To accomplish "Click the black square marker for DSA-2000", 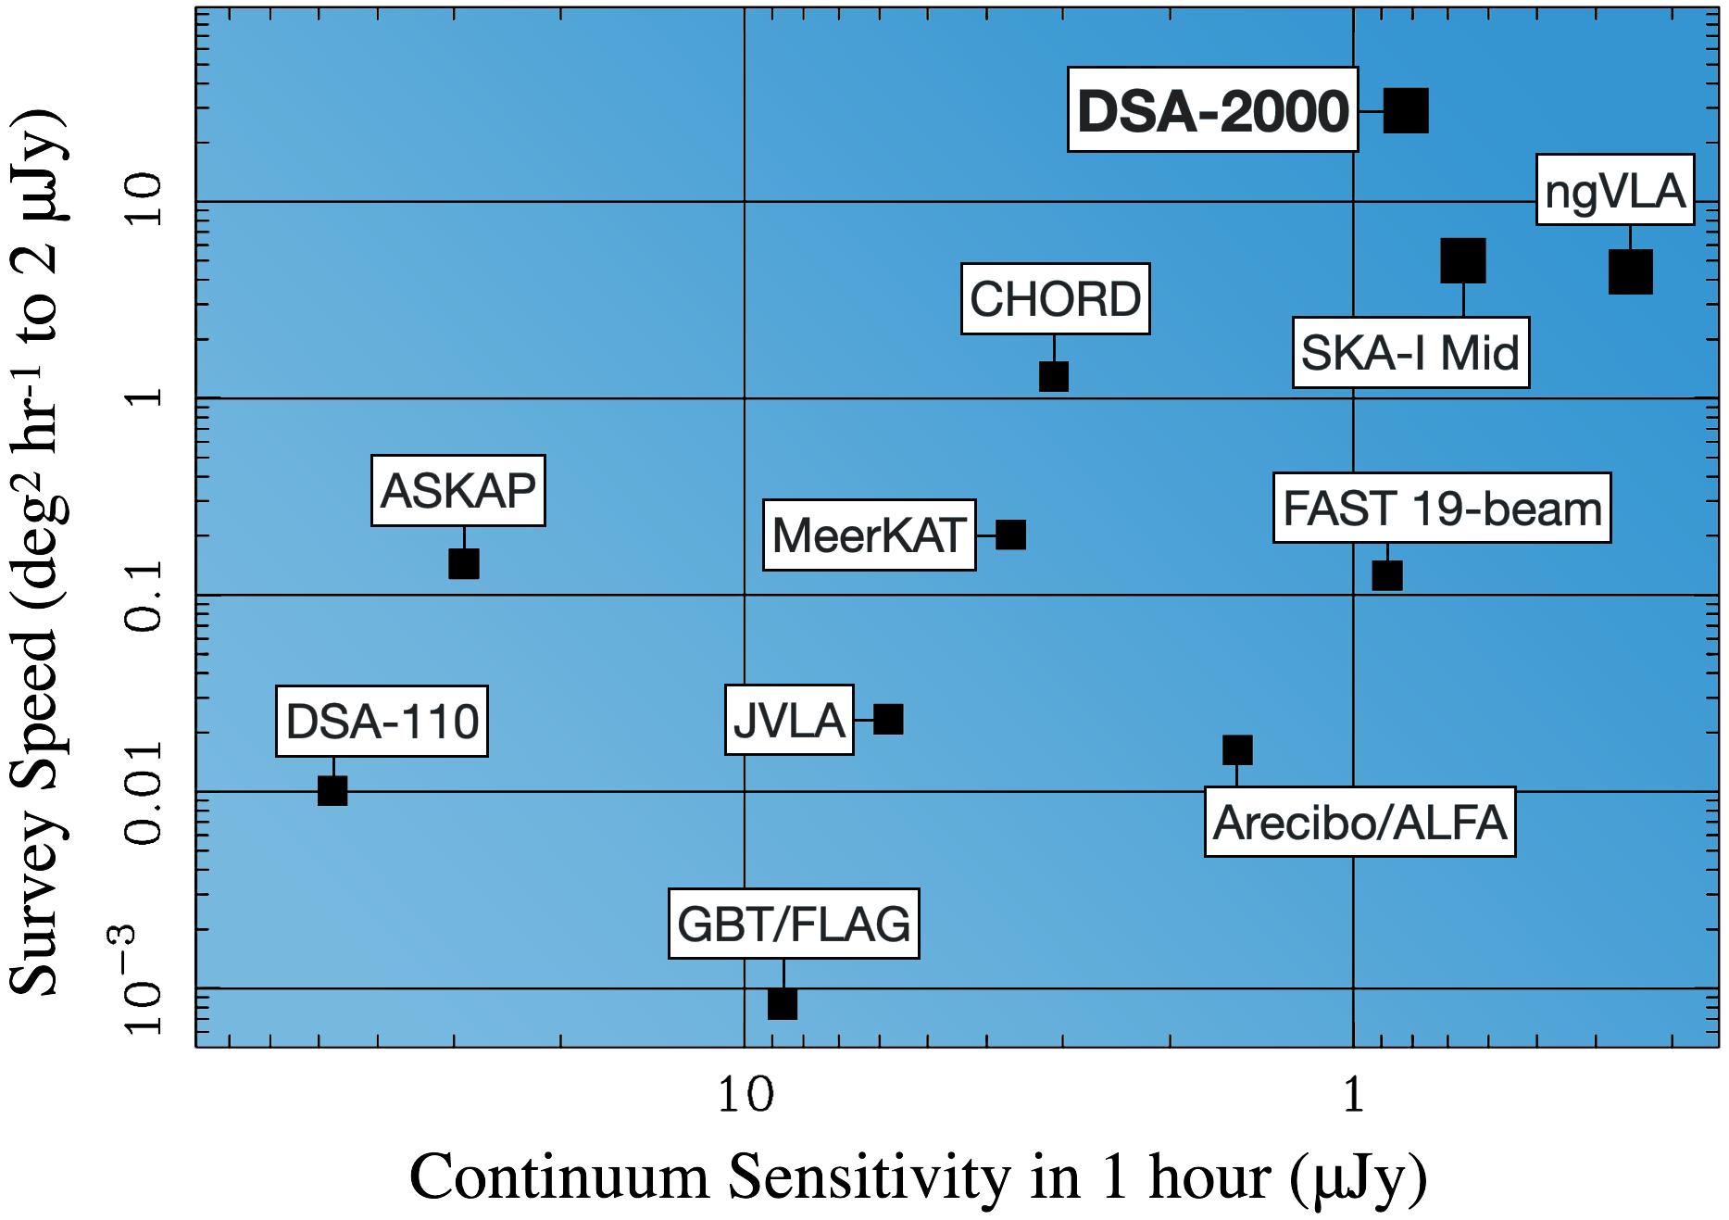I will [x=1405, y=111].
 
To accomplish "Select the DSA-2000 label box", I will [x=1212, y=110].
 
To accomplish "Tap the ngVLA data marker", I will [x=1630, y=271].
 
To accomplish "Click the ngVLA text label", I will [x=1614, y=190].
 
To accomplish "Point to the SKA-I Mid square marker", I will [x=1462, y=260].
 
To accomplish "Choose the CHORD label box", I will [x=1055, y=299].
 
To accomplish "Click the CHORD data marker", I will [x=1053, y=376].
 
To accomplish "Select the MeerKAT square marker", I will [x=1010, y=535].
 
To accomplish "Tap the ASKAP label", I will [x=457, y=491].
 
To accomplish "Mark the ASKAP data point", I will [x=463, y=563].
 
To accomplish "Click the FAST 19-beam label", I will [x=1441, y=509].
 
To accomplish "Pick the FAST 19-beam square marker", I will [x=1386, y=575].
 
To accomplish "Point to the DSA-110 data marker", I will [x=332, y=790].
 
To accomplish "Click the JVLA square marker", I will [x=887, y=719].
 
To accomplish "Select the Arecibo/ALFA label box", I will [x=1359, y=823].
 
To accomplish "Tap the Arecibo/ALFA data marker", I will [x=1236, y=749].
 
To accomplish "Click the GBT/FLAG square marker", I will [x=782, y=1003].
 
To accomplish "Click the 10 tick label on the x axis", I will [x=745, y=1095].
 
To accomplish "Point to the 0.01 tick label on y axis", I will [x=144, y=792].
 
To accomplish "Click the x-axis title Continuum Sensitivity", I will [x=917, y=1178].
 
